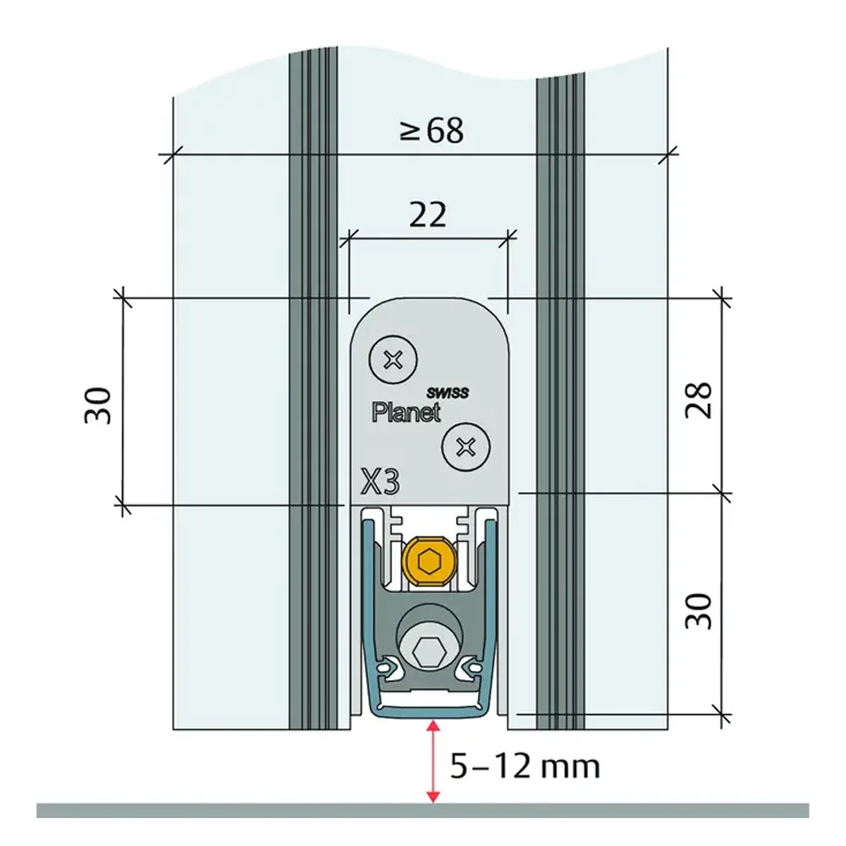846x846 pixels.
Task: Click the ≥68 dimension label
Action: [431, 131]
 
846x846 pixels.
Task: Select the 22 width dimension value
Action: [427, 216]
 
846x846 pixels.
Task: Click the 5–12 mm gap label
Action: [525, 766]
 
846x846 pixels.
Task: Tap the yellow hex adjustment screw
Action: [429, 560]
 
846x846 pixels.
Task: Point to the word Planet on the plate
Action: [406, 413]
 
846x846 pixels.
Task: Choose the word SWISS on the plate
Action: [448, 393]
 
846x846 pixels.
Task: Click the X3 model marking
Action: [380, 482]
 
